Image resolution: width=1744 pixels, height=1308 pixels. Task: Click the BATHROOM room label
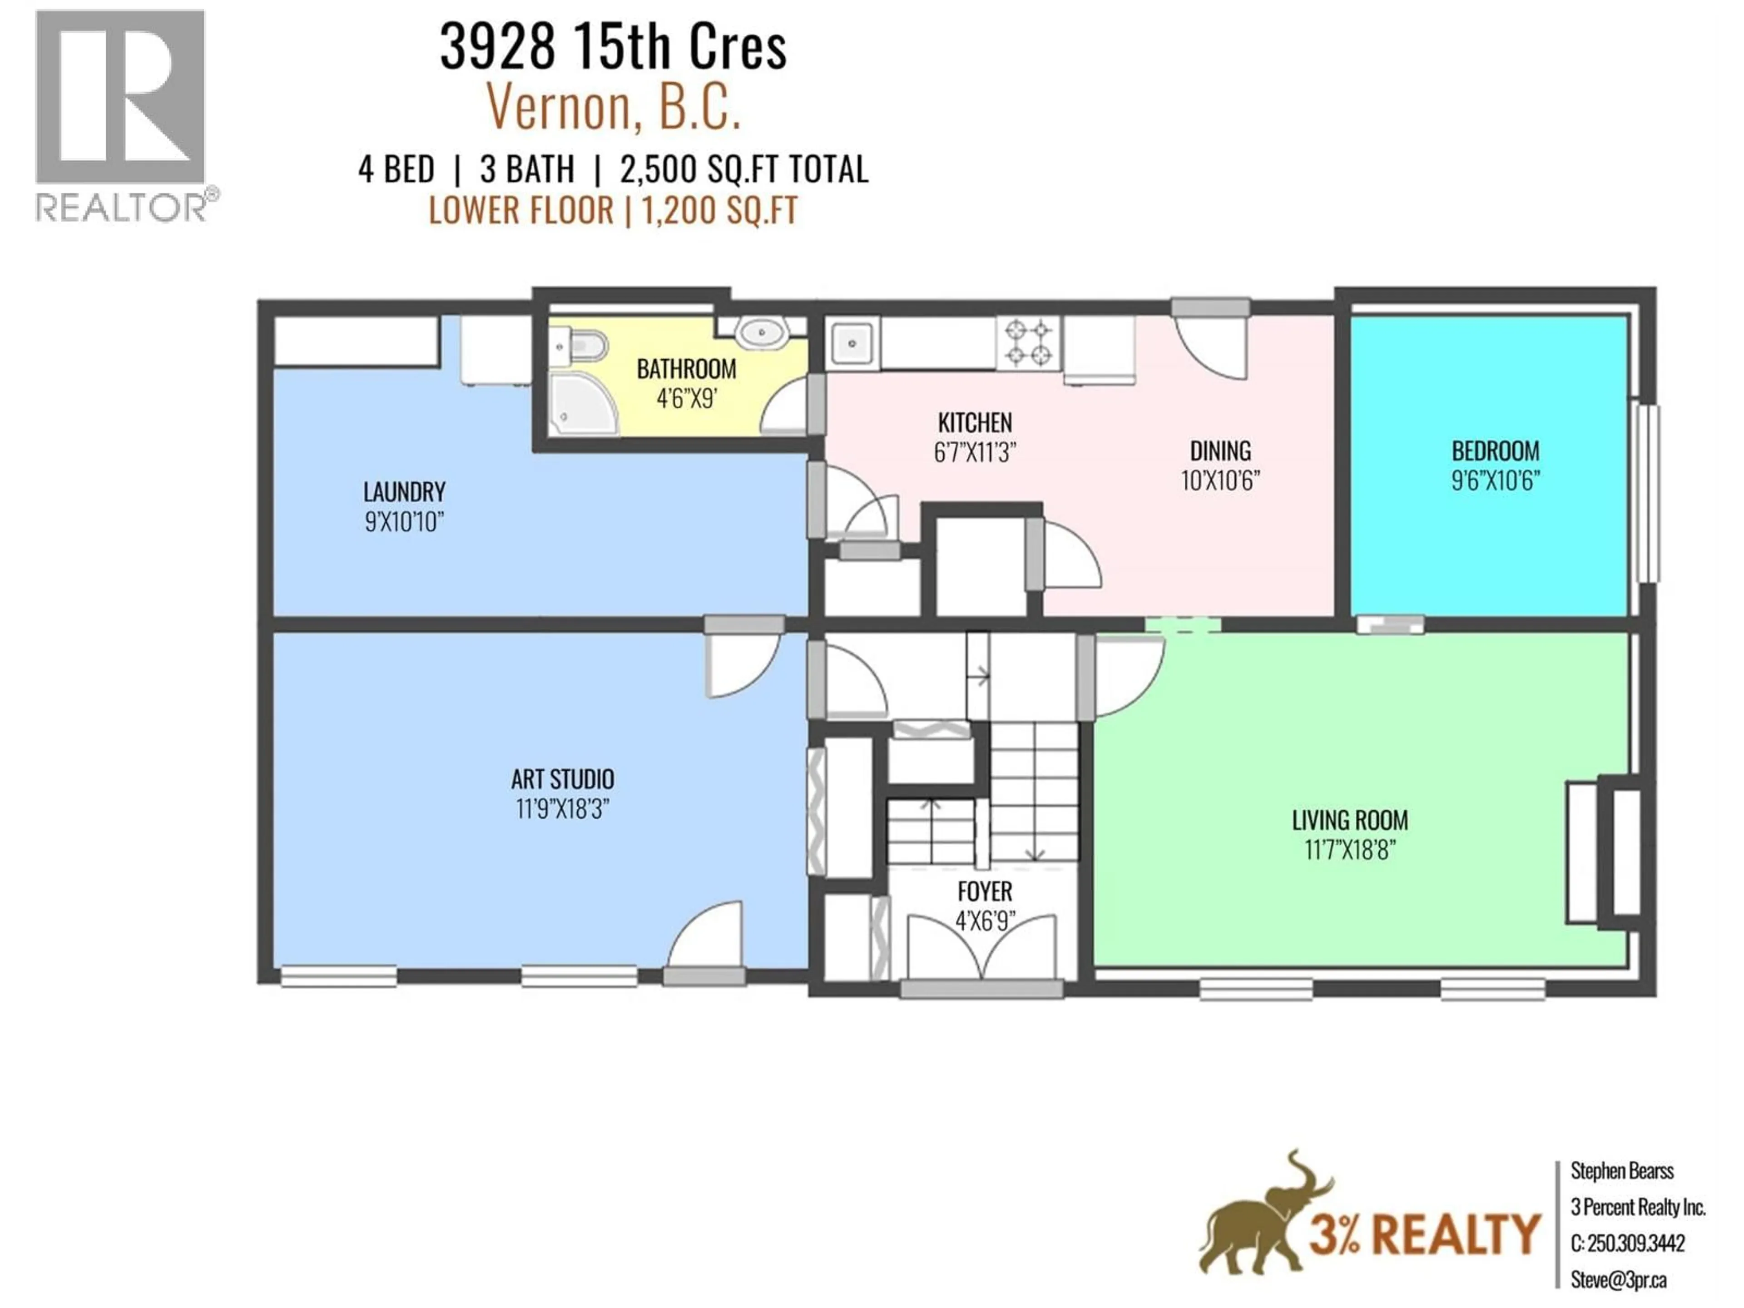pos(686,369)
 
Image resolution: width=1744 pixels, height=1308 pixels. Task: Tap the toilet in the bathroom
pos(584,346)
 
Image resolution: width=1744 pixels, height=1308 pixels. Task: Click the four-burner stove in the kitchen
pos(1029,342)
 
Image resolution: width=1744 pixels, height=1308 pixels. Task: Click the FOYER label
pos(985,891)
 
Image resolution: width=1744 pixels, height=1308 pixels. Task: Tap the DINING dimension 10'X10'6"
pos(1220,480)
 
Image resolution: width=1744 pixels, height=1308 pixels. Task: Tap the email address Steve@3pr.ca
pos(1618,1280)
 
